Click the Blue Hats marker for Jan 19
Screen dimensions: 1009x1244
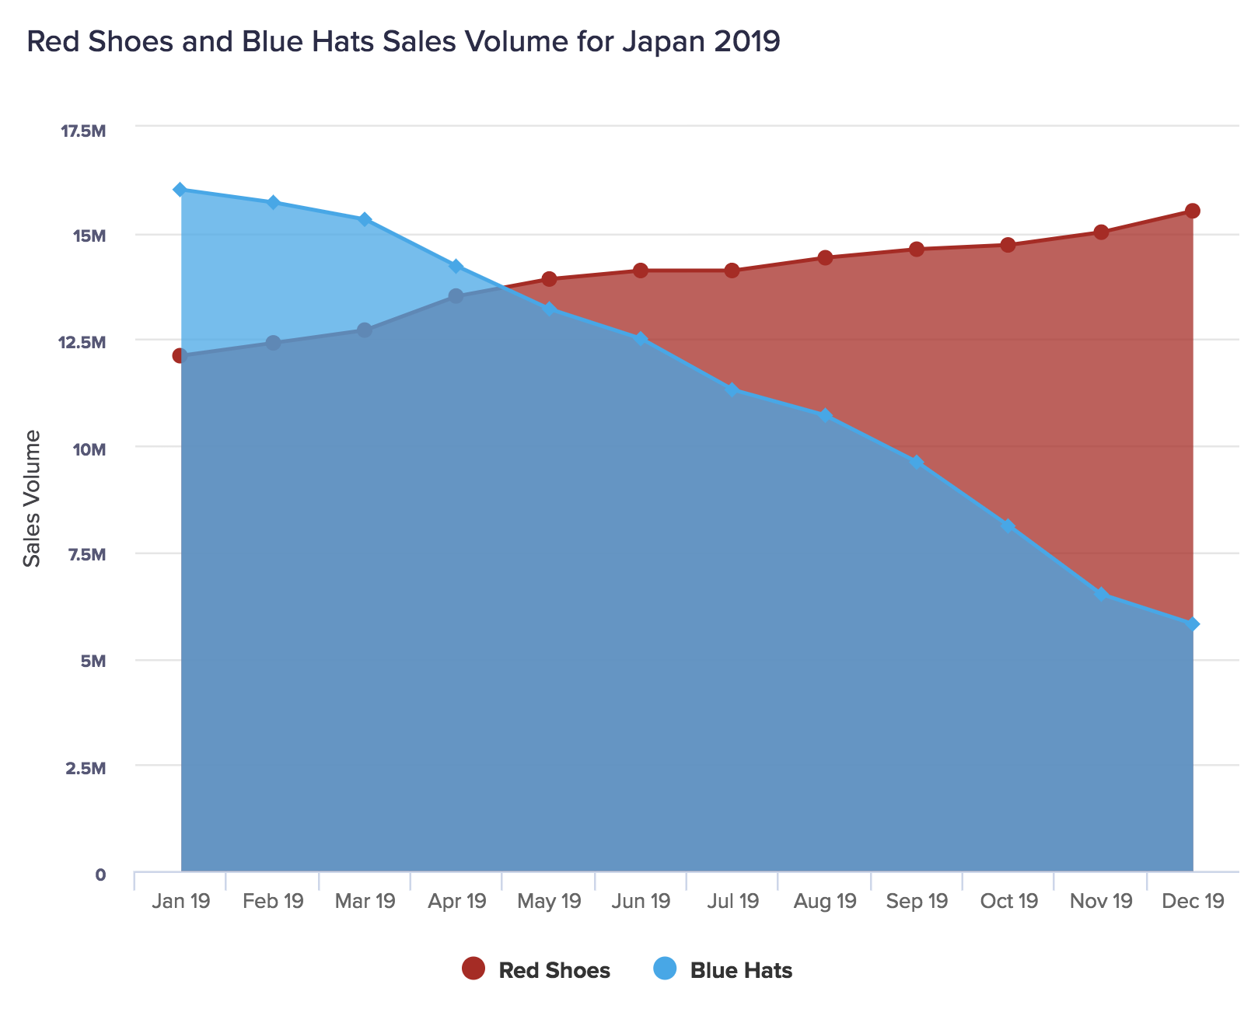(x=180, y=190)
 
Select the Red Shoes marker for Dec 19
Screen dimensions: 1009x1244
(x=1192, y=211)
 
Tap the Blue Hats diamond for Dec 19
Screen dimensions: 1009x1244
(x=1192, y=624)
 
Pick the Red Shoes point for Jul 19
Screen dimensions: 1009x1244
(x=732, y=271)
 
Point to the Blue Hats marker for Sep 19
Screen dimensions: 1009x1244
(x=917, y=463)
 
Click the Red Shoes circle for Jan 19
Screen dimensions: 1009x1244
(x=180, y=355)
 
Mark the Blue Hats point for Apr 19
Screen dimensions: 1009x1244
(x=456, y=267)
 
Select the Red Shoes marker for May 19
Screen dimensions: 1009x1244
(x=549, y=279)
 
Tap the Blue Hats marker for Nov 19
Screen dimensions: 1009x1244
(x=1101, y=594)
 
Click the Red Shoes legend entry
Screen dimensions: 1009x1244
(x=536, y=970)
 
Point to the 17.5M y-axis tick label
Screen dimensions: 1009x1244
(x=83, y=130)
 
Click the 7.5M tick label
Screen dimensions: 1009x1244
(x=86, y=555)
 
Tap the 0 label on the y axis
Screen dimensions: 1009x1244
(x=100, y=875)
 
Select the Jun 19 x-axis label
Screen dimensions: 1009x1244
(x=641, y=901)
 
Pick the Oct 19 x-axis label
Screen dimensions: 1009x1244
(x=1008, y=901)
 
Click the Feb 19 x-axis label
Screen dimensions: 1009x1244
(x=273, y=901)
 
